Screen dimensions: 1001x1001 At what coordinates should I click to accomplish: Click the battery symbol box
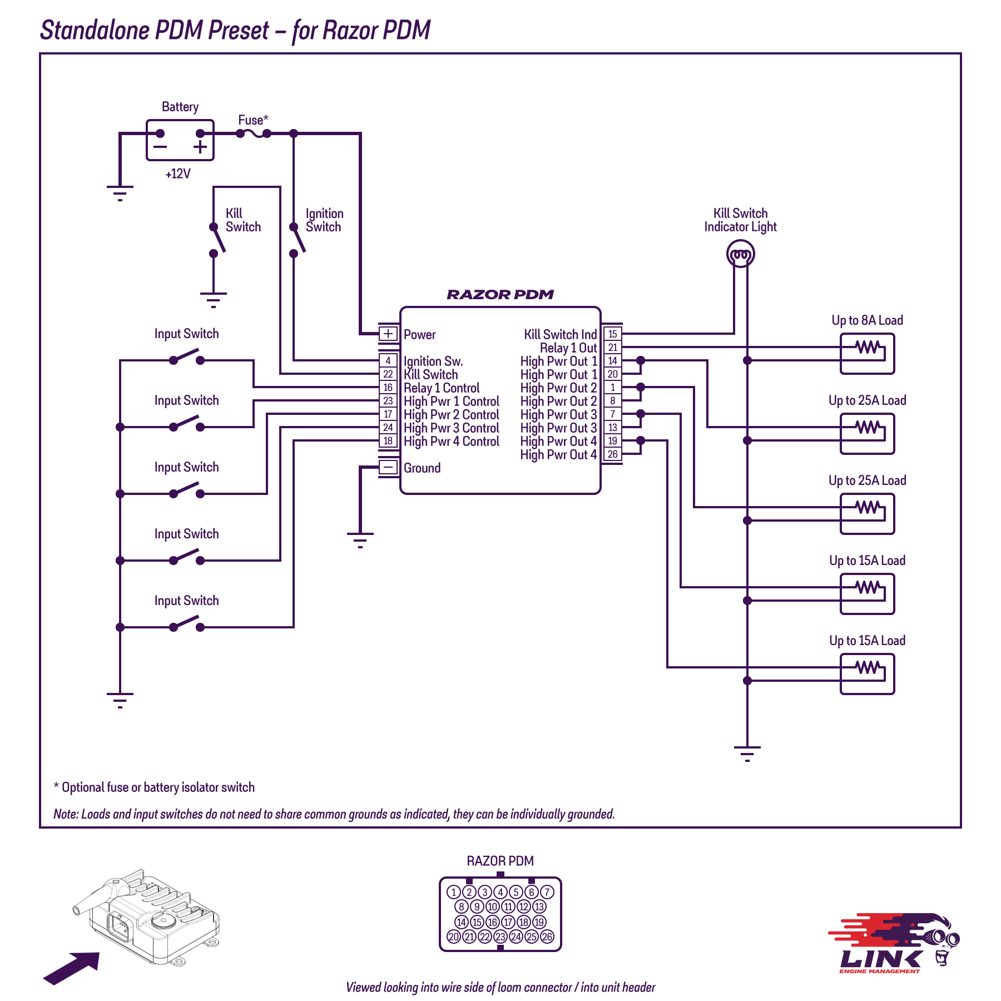180,140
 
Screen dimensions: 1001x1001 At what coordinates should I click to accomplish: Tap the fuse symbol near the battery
254,133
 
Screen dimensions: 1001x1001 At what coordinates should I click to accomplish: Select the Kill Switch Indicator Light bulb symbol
740,254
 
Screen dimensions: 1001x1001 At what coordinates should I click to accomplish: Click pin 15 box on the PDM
612,334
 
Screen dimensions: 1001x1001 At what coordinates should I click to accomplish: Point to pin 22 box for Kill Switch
388,374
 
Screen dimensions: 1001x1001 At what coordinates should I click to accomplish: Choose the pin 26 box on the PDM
612,454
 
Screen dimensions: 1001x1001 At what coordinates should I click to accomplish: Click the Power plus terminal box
388,334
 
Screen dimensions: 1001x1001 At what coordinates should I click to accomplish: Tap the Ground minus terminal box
388,467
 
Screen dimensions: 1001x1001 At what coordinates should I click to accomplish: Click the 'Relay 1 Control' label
442,388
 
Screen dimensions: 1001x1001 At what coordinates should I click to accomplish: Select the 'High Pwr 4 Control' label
452,442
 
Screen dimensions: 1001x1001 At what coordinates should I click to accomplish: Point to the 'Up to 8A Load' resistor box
867,354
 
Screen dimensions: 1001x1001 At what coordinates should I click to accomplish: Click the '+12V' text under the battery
178,174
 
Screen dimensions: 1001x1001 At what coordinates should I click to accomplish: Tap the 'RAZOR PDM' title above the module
500,295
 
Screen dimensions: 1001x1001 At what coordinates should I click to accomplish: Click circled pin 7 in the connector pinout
547,892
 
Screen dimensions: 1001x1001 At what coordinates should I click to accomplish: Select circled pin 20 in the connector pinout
454,936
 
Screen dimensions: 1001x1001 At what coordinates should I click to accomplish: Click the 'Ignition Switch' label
324,220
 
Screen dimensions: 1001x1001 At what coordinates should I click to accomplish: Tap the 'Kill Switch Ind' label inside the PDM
560,334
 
